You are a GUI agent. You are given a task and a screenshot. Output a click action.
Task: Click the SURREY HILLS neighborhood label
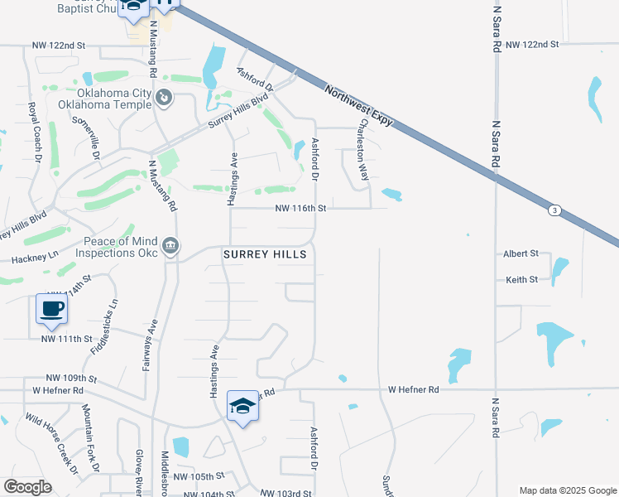point(265,255)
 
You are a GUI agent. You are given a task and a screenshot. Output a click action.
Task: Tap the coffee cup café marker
point(51,309)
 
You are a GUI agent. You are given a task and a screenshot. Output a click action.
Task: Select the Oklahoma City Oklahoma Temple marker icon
point(165,99)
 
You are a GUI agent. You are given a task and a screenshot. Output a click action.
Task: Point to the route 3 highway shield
point(554,210)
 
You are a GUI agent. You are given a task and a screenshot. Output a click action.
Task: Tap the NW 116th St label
point(300,210)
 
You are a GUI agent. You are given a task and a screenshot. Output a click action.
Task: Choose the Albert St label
point(521,253)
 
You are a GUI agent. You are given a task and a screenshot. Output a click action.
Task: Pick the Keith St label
point(522,280)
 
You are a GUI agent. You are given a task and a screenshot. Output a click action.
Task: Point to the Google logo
point(27,487)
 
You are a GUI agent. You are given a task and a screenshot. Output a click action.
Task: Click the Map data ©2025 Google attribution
point(567,490)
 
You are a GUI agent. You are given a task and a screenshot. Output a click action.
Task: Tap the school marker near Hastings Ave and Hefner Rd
point(242,406)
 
